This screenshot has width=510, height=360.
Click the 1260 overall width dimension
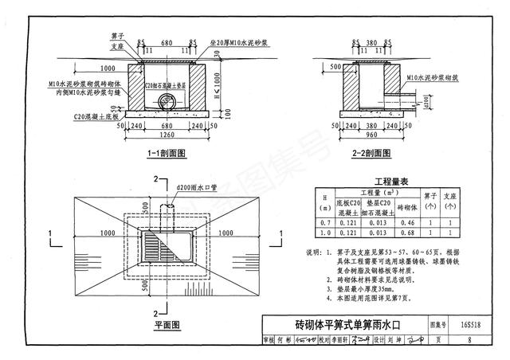pos(165,135)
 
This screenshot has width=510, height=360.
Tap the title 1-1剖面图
pos(166,152)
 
